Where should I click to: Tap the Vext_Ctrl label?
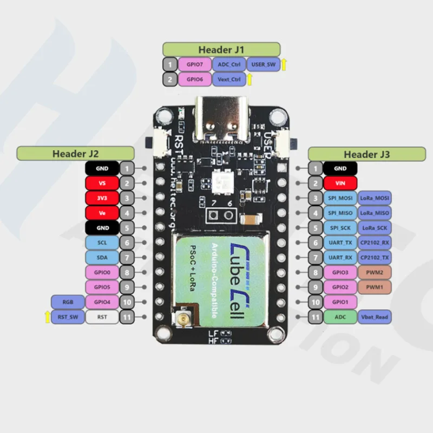pyautogui.click(x=228, y=79)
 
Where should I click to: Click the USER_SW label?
pyautogui.click(x=264, y=64)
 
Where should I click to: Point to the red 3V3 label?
pyautogui.click(x=102, y=198)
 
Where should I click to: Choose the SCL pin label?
pyautogui.click(x=102, y=242)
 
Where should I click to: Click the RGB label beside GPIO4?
pyautogui.click(x=68, y=302)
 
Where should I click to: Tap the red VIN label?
pyautogui.click(x=340, y=183)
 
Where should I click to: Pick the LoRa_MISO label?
pyautogui.click(x=375, y=213)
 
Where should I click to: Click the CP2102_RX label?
pyautogui.click(x=375, y=242)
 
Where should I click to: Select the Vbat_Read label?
pyautogui.click(x=375, y=317)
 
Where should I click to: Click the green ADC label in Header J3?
pyautogui.click(x=340, y=317)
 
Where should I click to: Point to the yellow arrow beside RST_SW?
pyautogui.click(x=47, y=317)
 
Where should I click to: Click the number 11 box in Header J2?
pyautogui.click(x=126, y=317)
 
